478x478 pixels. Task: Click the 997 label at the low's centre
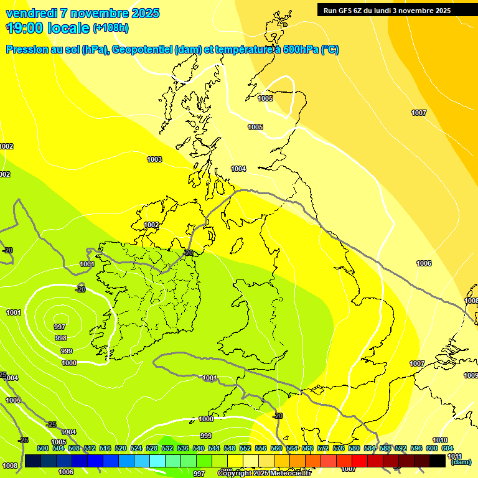(x=60, y=327)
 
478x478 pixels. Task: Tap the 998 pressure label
(x=61, y=339)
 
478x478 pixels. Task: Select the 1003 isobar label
(x=154, y=160)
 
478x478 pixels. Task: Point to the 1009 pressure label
(x=471, y=375)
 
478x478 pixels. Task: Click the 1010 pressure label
(x=440, y=441)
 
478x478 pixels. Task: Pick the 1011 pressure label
(x=455, y=456)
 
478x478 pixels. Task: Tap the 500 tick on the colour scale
(x=43, y=449)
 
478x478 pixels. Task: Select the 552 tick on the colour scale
(x=245, y=449)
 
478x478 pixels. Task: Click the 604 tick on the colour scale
(x=448, y=449)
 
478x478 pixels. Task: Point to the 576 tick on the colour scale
(x=339, y=449)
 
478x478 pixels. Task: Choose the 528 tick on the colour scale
(x=152, y=449)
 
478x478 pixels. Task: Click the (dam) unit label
(x=461, y=462)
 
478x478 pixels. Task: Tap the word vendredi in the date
(x=32, y=13)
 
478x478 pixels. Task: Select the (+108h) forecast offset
(x=111, y=28)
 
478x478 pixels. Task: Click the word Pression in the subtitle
(x=29, y=50)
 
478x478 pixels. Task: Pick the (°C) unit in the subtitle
(x=329, y=50)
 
